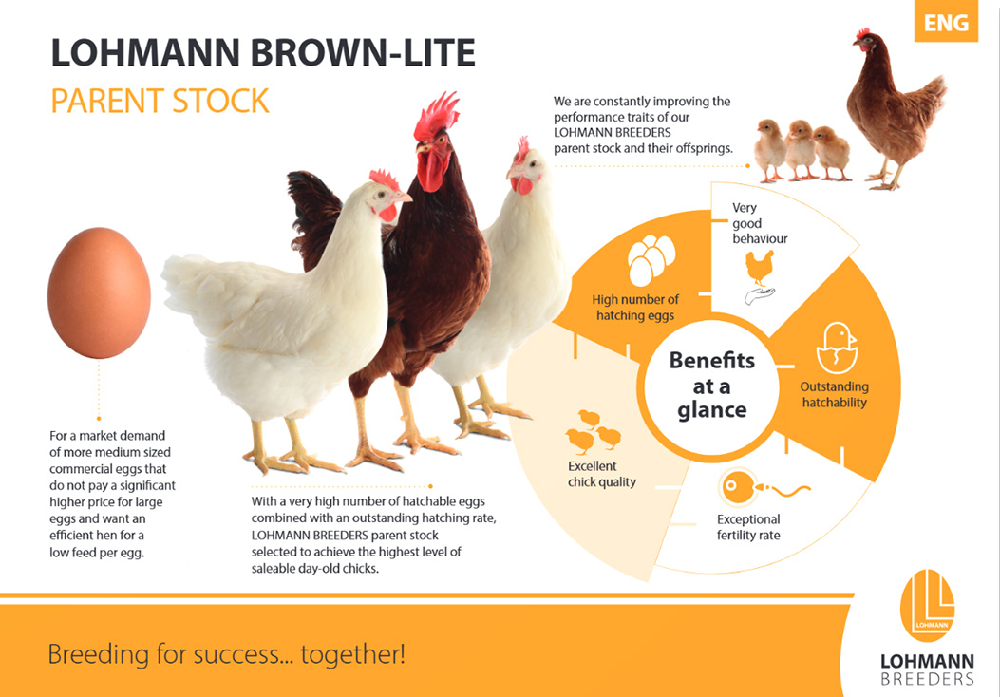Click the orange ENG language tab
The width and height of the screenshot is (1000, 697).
[x=946, y=21]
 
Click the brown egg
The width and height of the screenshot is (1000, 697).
[x=99, y=292]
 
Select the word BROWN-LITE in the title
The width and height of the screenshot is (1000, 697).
[x=364, y=53]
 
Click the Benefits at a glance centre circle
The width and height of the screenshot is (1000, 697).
[x=711, y=386]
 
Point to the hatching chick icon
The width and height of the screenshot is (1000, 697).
[x=837, y=348]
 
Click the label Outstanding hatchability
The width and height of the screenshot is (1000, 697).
[x=834, y=394]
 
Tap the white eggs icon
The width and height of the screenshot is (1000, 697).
[x=651, y=259]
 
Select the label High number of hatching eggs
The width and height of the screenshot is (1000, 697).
[x=635, y=308]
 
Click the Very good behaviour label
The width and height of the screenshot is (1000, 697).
[x=760, y=223]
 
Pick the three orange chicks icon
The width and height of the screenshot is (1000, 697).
[x=594, y=432]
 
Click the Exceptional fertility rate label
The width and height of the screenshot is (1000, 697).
[x=748, y=527]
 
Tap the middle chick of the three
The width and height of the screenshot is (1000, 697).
[x=800, y=150]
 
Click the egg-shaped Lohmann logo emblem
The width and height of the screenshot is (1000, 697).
[x=927, y=606]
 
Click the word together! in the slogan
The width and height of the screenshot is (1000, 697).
[x=352, y=653]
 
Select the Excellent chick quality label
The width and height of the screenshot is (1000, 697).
[x=601, y=474]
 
